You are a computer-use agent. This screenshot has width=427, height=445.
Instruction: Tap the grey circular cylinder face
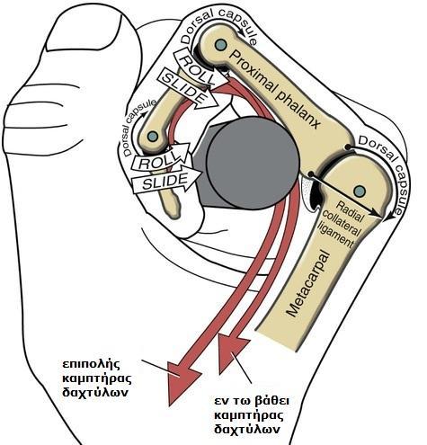(254, 164)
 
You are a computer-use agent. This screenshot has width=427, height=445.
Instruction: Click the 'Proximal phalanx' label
(274, 89)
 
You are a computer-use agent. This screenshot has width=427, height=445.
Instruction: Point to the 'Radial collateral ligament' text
(343, 224)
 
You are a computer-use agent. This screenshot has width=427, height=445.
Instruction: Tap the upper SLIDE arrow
(188, 87)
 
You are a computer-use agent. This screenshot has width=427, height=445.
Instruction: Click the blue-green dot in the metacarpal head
(360, 191)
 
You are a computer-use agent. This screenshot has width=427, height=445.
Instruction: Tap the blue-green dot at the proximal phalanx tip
(221, 44)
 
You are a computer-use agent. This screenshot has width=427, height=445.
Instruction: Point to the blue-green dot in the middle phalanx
(153, 137)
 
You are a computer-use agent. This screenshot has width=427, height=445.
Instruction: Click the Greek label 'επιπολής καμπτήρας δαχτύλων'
(96, 378)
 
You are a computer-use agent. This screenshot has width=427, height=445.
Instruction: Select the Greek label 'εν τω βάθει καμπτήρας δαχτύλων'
(251, 416)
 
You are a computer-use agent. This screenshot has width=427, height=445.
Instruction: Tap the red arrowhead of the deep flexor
(233, 353)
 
